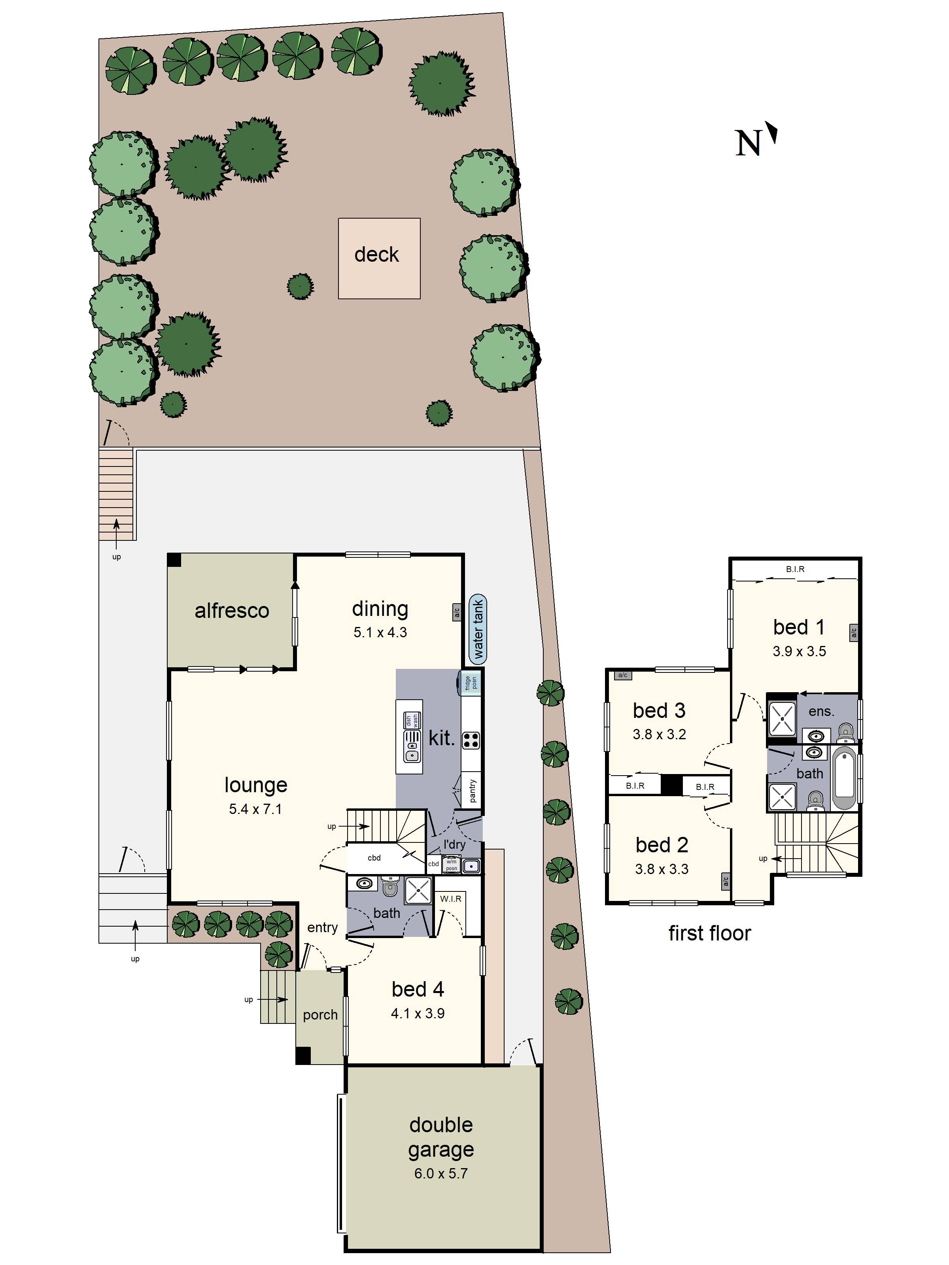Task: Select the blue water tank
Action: (x=478, y=629)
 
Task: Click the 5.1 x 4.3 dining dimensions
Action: (x=380, y=632)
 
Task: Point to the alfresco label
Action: (x=232, y=610)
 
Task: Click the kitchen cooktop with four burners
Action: (x=471, y=740)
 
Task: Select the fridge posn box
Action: (x=470, y=682)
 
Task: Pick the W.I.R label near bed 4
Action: (x=451, y=899)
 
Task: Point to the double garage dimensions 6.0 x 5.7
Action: (x=440, y=1174)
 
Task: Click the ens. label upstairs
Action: (x=821, y=712)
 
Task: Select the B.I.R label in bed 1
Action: (x=795, y=569)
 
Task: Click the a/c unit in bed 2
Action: (x=725, y=881)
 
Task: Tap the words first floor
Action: (x=709, y=933)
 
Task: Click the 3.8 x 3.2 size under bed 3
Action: (x=659, y=734)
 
